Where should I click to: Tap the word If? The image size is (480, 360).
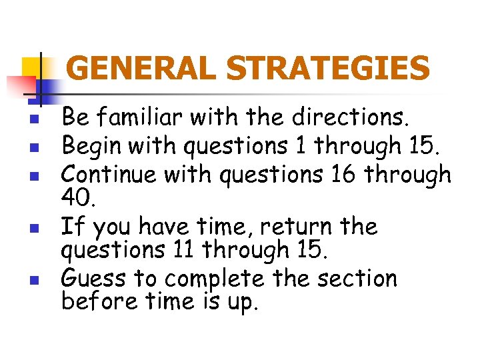(x=71, y=227)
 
